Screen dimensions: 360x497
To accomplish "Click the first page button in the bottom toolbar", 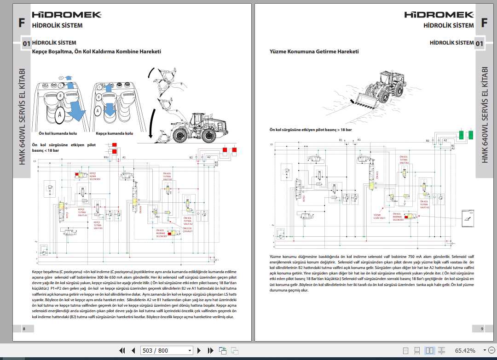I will point(122,350).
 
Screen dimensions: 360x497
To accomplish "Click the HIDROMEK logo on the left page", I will point(67,15).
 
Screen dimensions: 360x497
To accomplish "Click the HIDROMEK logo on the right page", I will point(439,15).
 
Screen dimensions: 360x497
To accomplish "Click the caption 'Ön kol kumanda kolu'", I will point(58,133).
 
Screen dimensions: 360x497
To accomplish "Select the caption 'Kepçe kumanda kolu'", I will point(114,133).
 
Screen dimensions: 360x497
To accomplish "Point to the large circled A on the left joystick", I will point(59,115).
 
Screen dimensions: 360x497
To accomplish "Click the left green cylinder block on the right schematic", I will point(461,135).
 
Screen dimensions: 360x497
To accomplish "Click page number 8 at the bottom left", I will point(24,328).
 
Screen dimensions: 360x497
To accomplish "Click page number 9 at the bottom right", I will point(482,328).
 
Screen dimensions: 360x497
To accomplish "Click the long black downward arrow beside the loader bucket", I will point(150,106).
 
